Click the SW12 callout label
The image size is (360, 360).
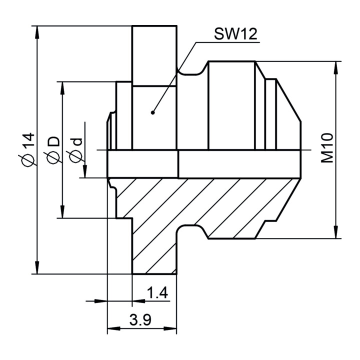(235, 34)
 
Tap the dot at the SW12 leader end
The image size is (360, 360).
(152, 112)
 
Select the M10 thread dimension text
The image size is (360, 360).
(327, 148)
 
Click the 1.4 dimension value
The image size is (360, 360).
(157, 293)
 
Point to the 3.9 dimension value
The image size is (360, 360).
(140, 320)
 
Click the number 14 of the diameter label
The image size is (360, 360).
(28, 140)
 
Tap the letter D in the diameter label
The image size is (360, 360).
(53, 141)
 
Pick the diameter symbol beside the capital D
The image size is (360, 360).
(53, 157)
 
